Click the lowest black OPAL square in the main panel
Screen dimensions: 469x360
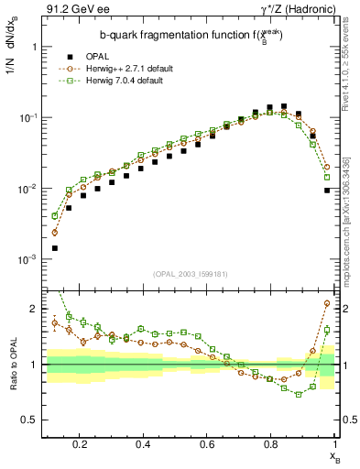[x=55, y=248]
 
